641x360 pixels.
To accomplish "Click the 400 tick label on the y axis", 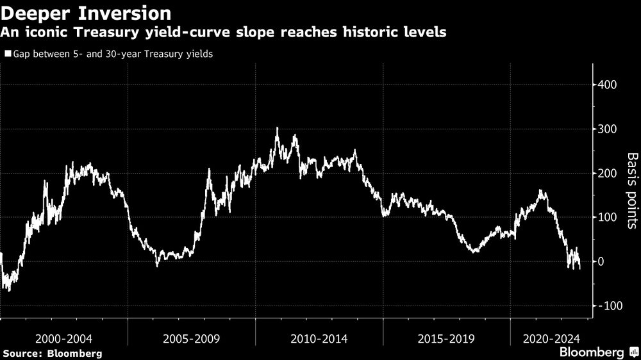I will [609, 85].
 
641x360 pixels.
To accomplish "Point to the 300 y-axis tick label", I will [609, 129].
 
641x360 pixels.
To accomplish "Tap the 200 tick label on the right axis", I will [609, 174].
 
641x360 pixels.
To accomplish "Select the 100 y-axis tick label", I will [609, 218].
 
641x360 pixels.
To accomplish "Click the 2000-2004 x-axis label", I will [63, 337].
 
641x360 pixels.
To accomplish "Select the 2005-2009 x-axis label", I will [191, 337].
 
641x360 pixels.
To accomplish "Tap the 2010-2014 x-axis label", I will [319, 337].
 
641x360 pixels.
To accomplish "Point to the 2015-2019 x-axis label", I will [446, 337].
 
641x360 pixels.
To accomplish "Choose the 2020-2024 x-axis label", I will [551, 337].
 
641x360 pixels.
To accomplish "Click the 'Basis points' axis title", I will [631, 190].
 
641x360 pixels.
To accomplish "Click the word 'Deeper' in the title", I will [37, 13].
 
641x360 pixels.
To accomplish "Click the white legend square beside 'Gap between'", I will [7, 54].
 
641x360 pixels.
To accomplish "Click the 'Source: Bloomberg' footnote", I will [52, 353].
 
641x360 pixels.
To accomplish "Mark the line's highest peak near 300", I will [277, 128].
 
